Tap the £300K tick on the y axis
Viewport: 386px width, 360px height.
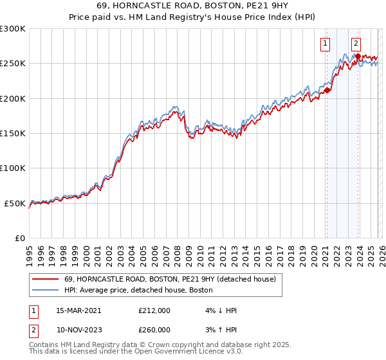click(13, 29)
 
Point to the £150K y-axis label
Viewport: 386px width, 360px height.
click(13, 134)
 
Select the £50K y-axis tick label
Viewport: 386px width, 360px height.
click(15, 203)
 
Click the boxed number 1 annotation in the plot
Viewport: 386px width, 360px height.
click(325, 44)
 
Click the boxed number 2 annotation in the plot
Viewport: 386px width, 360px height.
click(356, 44)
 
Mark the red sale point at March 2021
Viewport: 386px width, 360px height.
click(327, 91)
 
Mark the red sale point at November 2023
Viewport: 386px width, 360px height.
click(357, 57)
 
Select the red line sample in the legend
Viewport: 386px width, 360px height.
click(45, 279)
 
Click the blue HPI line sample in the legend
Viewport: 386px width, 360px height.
click(45, 290)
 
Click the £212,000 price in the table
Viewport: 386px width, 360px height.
click(154, 310)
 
